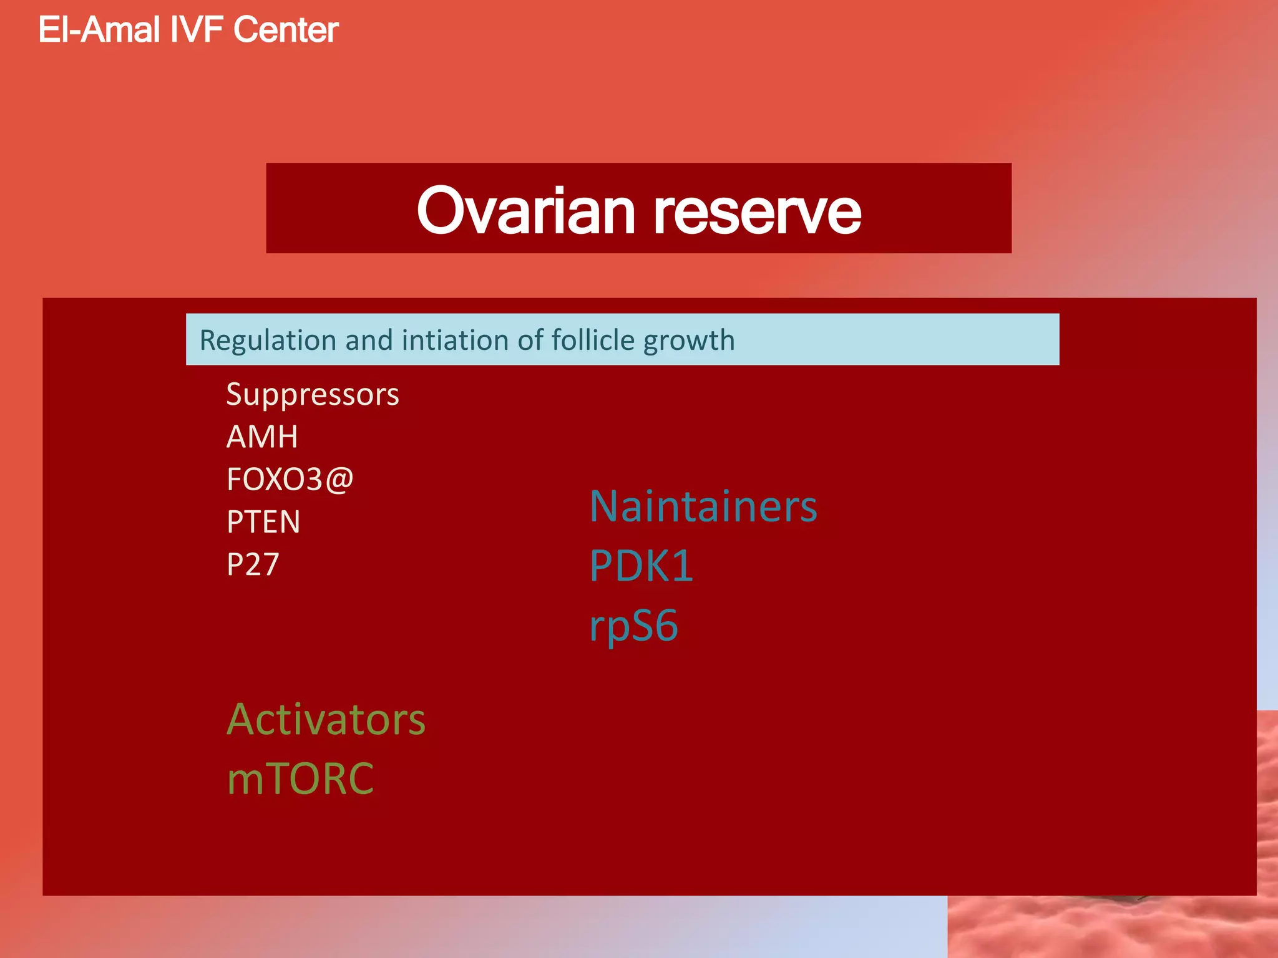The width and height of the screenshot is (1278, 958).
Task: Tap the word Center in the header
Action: [x=286, y=30]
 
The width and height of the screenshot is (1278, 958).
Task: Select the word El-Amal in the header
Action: [x=99, y=30]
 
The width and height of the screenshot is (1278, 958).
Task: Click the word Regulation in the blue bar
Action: [x=268, y=341]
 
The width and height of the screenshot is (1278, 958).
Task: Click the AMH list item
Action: [x=262, y=437]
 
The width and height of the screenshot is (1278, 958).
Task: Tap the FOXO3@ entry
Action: [x=290, y=480]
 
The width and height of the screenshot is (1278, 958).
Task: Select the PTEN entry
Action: [x=263, y=522]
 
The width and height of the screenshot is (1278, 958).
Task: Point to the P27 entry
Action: [x=253, y=564]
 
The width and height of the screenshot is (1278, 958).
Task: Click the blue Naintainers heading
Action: [x=703, y=506]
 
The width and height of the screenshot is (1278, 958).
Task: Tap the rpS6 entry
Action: [x=633, y=626]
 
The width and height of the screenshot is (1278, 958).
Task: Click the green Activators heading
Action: [x=326, y=720]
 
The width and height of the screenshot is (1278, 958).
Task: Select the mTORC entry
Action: [x=300, y=779]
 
